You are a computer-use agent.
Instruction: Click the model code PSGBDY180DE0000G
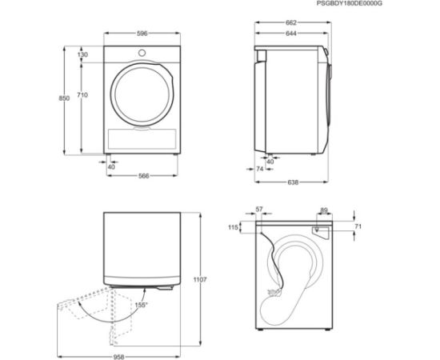[394, 5]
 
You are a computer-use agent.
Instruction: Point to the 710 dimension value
[83, 96]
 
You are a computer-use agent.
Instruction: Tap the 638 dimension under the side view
[293, 182]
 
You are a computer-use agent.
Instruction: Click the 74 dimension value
[261, 169]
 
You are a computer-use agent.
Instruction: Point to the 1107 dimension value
[200, 279]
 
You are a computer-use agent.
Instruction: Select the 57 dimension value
[258, 209]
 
